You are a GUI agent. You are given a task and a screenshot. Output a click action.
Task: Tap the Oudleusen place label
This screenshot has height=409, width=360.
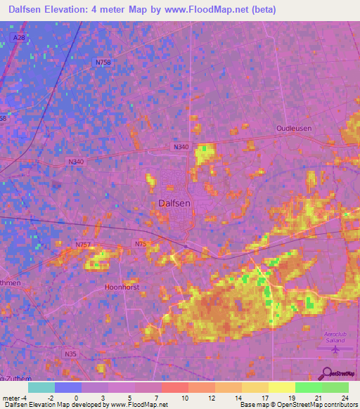[x=293, y=128]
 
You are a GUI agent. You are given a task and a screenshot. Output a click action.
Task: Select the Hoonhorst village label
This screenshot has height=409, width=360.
[x=122, y=287]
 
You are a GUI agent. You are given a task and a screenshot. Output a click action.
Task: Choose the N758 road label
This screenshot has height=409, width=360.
[x=103, y=63]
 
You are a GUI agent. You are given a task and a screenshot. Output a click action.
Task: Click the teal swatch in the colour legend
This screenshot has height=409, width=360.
[x=41, y=387]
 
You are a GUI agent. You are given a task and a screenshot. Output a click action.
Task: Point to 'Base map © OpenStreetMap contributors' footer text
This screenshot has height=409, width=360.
[x=298, y=405]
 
